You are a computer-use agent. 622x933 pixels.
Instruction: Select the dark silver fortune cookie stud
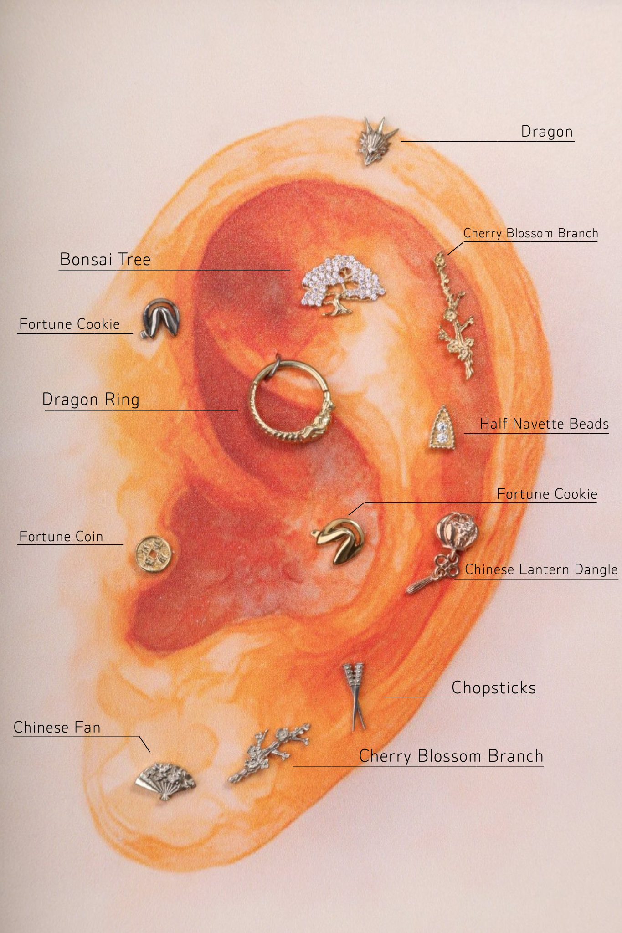pos(161,318)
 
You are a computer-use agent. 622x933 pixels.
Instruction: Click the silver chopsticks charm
pos(355,696)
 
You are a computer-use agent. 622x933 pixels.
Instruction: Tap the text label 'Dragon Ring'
pos(91,399)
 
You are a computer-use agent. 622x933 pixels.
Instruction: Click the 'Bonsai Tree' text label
pos(105,259)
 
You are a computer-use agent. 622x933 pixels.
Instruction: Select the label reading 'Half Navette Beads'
pos(544,424)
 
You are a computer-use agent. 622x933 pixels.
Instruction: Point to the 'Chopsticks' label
pos(493,688)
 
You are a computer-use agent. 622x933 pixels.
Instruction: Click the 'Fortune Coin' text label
pos(61,536)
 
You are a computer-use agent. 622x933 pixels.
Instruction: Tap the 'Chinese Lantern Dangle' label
pos(541,569)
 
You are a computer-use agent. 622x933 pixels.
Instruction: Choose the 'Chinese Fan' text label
pos(57,727)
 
